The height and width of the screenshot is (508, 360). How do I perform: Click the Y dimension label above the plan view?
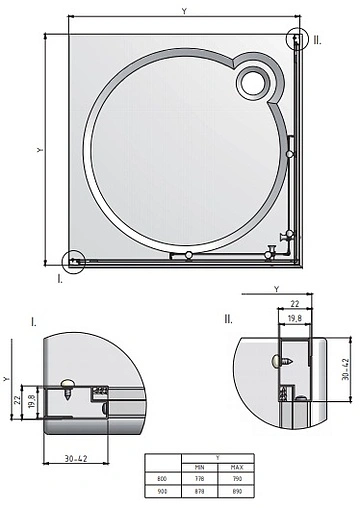[x=183, y=10]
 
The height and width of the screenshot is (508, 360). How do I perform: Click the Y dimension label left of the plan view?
[x=38, y=150]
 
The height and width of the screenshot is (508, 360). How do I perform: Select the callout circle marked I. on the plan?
[x=73, y=262]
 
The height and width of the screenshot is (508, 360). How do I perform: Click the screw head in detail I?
[x=68, y=382]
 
